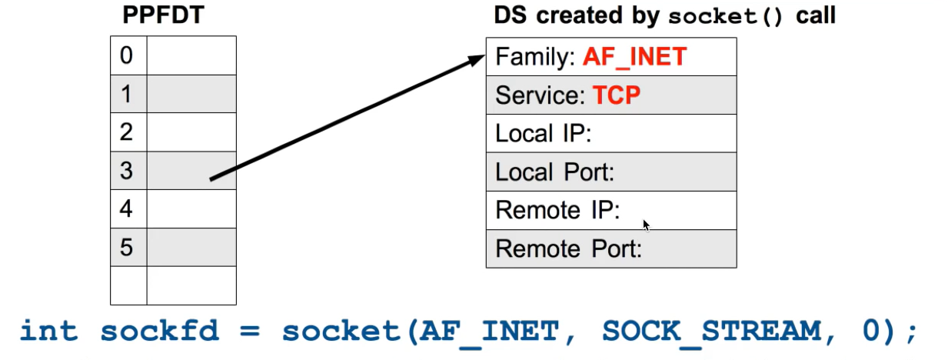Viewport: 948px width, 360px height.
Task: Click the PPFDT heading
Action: [163, 15]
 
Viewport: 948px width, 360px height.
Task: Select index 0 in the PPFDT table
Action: [127, 55]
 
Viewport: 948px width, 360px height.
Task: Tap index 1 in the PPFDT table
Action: [127, 94]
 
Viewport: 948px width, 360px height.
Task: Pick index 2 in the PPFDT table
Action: [127, 132]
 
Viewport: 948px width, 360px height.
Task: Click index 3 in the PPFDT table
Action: [127, 171]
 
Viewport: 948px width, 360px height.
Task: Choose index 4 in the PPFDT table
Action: [127, 209]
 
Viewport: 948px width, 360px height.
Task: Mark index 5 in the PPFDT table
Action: [127, 248]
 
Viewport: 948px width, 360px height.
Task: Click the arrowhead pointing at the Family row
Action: [478, 58]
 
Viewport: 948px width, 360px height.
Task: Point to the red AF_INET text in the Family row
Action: [634, 57]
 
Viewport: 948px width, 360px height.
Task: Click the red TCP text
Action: [617, 95]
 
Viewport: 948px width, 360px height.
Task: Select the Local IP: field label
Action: [543, 134]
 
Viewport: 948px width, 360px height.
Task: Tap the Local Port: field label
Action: [554, 172]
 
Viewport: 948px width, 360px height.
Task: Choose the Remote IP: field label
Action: [557, 211]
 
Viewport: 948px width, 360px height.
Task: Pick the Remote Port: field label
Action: [569, 249]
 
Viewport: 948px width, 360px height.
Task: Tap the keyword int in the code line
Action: [49, 332]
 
